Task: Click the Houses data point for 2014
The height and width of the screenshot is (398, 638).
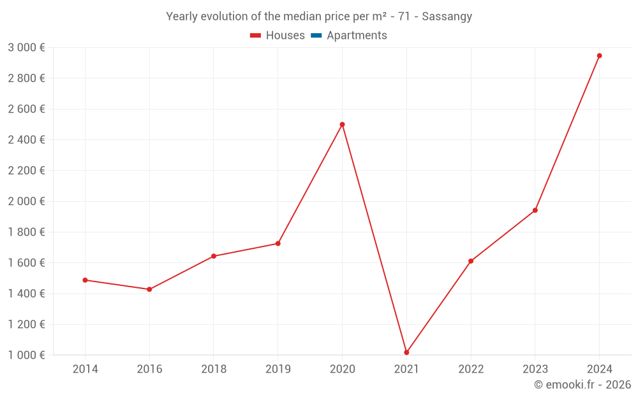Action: click(85, 280)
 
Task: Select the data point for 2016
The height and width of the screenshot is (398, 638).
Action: click(149, 289)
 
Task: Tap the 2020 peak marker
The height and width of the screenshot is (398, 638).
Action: click(342, 124)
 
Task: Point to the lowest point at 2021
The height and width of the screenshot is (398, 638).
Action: click(406, 352)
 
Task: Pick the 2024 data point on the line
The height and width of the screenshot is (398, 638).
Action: click(599, 55)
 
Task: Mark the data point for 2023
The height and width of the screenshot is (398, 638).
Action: click(535, 210)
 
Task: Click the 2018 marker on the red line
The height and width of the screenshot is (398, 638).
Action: click(214, 256)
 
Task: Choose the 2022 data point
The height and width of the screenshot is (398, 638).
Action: click(471, 261)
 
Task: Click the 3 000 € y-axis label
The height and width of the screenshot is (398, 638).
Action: click(26, 48)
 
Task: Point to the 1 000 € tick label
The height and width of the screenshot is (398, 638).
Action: click(26, 355)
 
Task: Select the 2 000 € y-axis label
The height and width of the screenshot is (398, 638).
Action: click(26, 201)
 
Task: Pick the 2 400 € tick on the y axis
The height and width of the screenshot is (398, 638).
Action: click(26, 140)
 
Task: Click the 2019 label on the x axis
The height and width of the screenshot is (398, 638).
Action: click(278, 369)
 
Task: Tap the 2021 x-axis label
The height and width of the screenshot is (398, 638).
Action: click(406, 369)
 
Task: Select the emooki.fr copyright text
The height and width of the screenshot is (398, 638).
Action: click(582, 385)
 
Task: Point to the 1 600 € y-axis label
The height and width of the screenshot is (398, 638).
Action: click(26, 263)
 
